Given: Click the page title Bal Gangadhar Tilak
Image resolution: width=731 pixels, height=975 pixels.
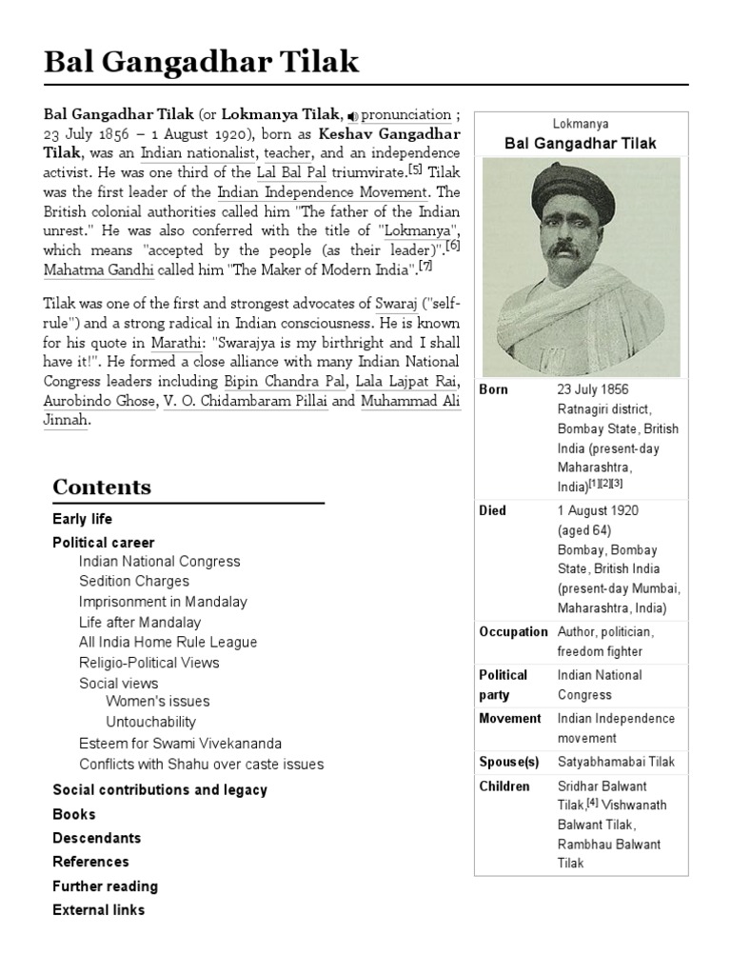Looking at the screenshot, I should coord(202,63).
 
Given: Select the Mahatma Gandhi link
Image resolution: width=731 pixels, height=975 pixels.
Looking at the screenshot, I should coord(99,270).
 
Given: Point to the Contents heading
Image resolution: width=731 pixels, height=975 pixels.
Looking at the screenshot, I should coord(102,487).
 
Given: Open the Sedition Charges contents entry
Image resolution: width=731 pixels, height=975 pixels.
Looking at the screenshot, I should coord(134,581).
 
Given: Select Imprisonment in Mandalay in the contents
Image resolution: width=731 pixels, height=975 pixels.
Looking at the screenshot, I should coord(163,602).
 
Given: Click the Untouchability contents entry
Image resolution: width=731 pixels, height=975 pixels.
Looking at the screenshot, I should coord(151,722).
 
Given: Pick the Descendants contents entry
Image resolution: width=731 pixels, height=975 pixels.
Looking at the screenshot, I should coord(97,838).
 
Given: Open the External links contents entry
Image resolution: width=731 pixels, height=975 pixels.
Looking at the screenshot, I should coord(99,910).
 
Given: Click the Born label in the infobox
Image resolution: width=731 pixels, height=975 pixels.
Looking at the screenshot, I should coord(493,390).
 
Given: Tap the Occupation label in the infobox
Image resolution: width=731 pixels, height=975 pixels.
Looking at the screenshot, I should coord(513,632).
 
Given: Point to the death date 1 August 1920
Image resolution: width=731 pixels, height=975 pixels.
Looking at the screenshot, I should coord(598,511).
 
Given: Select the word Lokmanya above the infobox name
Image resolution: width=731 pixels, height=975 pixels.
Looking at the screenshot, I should coord(580,124).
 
